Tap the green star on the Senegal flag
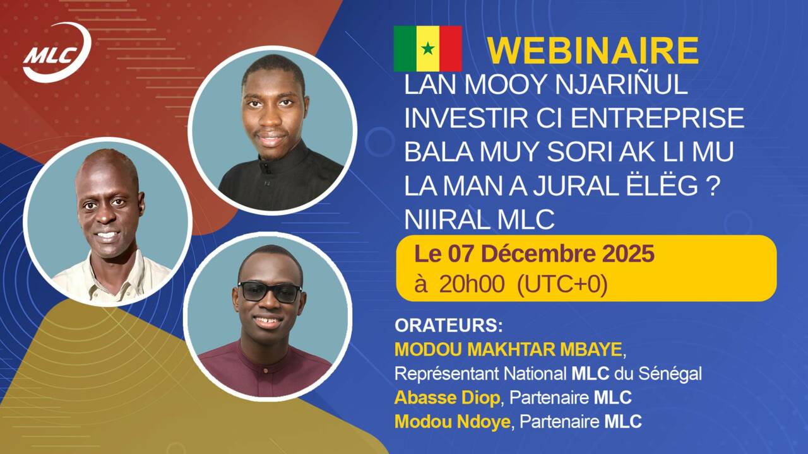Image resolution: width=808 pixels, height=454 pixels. point(428,49)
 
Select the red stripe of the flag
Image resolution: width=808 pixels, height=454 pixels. point(451,49)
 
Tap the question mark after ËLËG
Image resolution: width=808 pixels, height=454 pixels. point(712,187)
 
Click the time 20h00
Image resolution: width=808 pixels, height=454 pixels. point(471,285)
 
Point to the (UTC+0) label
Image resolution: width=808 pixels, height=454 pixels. point(562,285)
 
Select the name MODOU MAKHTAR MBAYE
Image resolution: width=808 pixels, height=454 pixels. point(508,349)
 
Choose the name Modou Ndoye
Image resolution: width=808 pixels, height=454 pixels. point(452,422)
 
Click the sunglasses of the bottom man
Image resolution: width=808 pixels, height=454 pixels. point(270,291)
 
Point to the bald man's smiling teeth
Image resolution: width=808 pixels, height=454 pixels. point(106,236)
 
